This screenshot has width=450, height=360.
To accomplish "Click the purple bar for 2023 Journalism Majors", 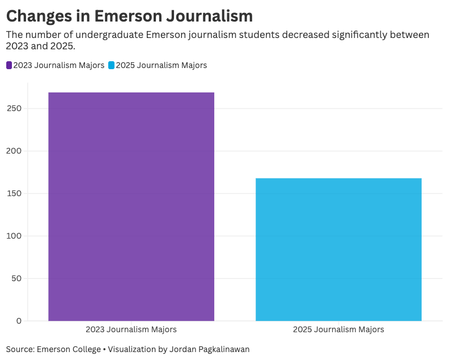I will (x=131, y=206).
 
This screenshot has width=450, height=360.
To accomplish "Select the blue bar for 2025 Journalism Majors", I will (x=338, y=249).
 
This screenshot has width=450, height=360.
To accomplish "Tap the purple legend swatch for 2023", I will (x=9, y=65).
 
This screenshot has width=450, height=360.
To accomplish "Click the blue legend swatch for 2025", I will (x=112, y=65).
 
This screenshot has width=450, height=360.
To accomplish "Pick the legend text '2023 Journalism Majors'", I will (x=58, y=65).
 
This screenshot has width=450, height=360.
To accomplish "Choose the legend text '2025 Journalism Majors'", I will (x=162, y=65).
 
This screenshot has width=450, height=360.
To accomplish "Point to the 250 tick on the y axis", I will (x=15, y=108).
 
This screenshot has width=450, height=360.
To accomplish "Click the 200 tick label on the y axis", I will (x=15, y=151).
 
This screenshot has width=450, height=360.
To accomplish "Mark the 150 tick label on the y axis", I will (x=15, y=193).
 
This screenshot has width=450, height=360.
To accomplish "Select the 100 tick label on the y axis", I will (x=15, y=236).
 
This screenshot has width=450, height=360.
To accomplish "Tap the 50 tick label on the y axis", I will (x=16, y=278).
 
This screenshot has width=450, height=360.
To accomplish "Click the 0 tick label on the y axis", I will (x=19, y=321).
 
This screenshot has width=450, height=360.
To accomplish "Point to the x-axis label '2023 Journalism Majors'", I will (x=131, y=329).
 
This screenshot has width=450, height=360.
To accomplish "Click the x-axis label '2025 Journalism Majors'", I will (x=338, y=329).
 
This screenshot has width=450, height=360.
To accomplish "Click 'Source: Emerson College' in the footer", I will (x=53, y=349).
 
